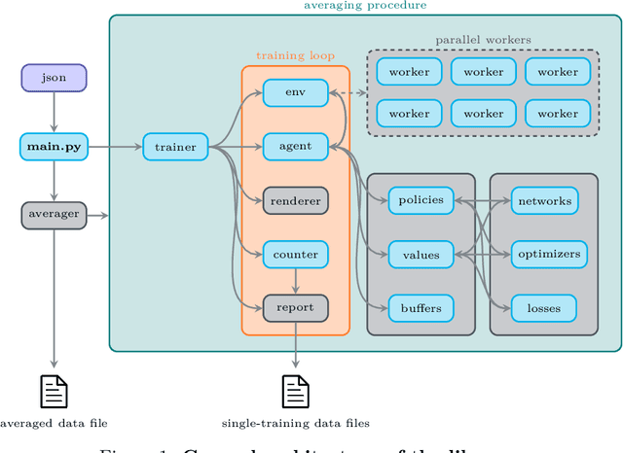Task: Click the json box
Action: (x=54, y=78)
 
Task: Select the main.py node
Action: (x=54, y=148)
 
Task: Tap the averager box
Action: (x=54, y=215)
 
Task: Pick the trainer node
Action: (x=176, y=148)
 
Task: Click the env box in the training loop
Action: (x=295, y=93)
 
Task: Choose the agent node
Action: (x=295, y=148)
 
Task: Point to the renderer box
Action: (x=295, y=201)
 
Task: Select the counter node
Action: (x=295, y=255)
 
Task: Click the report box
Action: (x=295, y=308)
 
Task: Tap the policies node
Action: (x=421, y=201)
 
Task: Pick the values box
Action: (x=421, y=255)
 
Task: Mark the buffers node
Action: (x=421, y=308)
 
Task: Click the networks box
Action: (x=544, y=201)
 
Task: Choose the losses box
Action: (x=544, y=308)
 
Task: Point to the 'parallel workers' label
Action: (x=484, y=39)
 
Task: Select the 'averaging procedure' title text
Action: (x=364, y=6)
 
